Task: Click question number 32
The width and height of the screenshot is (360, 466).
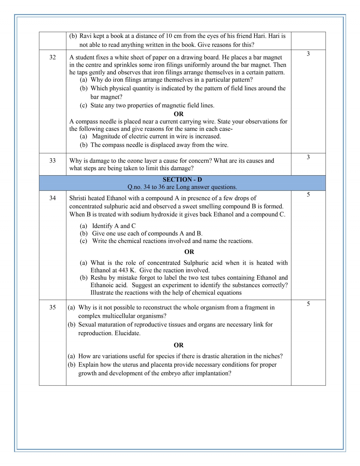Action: (x=52, y=57)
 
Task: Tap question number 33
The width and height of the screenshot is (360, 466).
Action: (x=52, y=161)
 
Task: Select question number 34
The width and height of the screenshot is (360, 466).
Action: (x=52, y=198)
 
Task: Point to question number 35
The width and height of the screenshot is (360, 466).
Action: (x=52, y=307)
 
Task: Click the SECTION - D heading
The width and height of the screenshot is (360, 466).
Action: (x=182, y=179)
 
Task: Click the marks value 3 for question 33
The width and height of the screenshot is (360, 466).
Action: (x=308, y=157)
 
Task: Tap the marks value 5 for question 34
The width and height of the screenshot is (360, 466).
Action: (x=308, y=194)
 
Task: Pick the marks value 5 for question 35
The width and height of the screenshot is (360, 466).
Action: (x=308, y=304)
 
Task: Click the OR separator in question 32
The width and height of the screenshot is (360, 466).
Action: (x=178, y=114)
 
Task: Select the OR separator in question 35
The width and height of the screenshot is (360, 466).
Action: (x=178, y=345)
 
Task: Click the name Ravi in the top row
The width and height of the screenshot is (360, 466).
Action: (x=85, y=36)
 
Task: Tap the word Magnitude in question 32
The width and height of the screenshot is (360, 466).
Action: (x=106, y=136)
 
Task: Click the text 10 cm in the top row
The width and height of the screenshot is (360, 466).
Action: (x=173, y=36)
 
